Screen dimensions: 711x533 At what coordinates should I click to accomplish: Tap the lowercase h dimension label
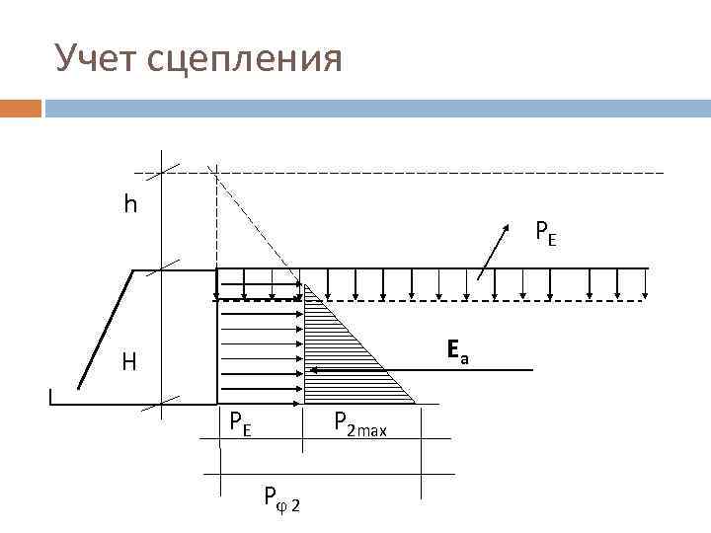[130, 204]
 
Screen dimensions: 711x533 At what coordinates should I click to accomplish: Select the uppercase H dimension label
[129, 362]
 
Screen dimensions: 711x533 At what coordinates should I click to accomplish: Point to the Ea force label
[456, 349]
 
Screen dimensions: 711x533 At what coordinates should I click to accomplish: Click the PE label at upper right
[545, 233]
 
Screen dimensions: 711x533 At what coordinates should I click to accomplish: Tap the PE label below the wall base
[240, 423]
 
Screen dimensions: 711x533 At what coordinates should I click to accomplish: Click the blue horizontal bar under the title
[375, 108]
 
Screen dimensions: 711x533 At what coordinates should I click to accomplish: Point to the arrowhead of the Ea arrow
[312, 369]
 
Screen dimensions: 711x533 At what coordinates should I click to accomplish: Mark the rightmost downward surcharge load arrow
[645, 283]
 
